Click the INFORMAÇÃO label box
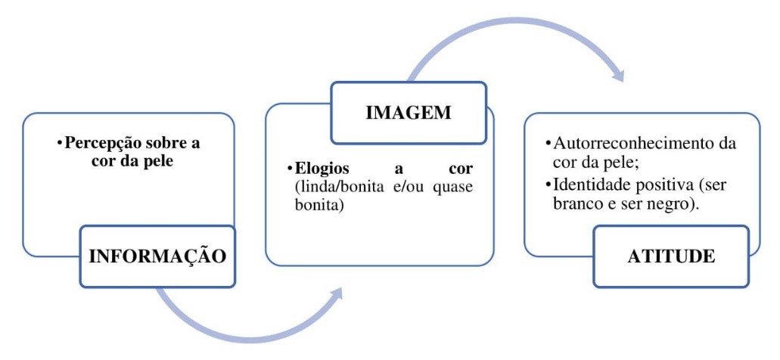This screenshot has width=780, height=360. coord(157,256)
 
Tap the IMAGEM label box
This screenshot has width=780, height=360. coord(408,113)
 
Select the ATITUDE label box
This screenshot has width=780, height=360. coord(671,256)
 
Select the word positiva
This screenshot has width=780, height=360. coord(655,185)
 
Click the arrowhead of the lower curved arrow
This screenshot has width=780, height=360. coord(338,296)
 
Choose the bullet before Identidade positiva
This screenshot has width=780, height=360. coord(548,185)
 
